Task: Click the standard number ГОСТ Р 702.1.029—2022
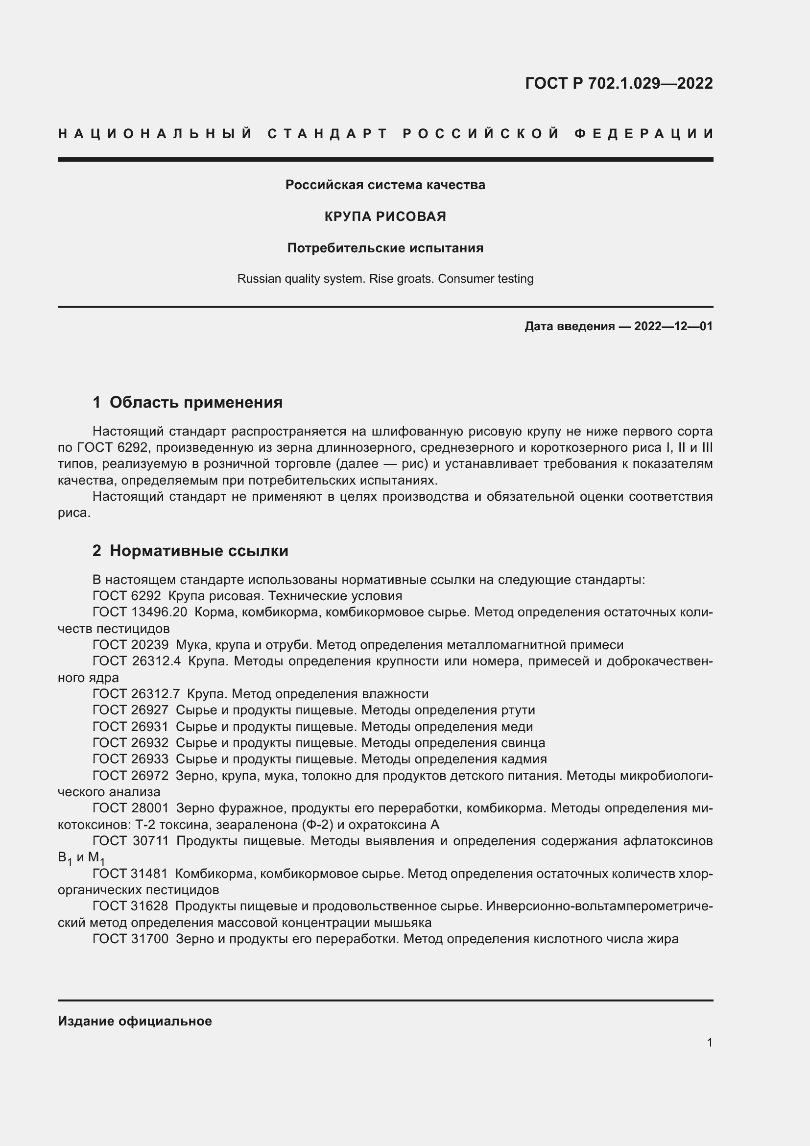pos(619,83)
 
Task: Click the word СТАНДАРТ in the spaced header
pos(328,134)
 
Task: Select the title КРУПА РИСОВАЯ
pos(385,217)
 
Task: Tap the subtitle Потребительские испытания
pos(385,248)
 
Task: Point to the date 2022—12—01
pos(673,326)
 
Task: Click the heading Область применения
pos(195,402)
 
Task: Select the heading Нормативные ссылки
pos(198,551)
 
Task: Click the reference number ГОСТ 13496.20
pos(140,612)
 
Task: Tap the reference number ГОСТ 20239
pos(131,645)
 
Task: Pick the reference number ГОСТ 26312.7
pos(136,694)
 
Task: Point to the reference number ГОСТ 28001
pos(131,808)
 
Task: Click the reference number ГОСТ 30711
pos(131,841)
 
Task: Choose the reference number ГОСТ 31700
pos(131,939)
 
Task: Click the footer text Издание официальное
pos(135,1021)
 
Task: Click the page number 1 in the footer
pos(709,1042)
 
